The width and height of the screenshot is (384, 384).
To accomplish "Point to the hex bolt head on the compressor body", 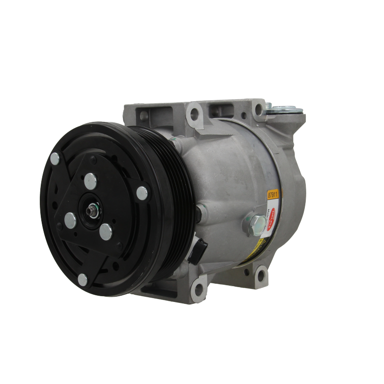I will (x=257, y=223).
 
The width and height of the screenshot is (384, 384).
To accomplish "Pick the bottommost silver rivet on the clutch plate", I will (x=83, y=279).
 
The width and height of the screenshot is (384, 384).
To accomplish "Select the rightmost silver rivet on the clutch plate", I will (x=142, y=193).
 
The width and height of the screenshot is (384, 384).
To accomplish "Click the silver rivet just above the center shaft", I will (x=90, y=181).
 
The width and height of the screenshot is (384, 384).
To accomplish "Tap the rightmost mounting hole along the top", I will (x=260, y=110).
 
